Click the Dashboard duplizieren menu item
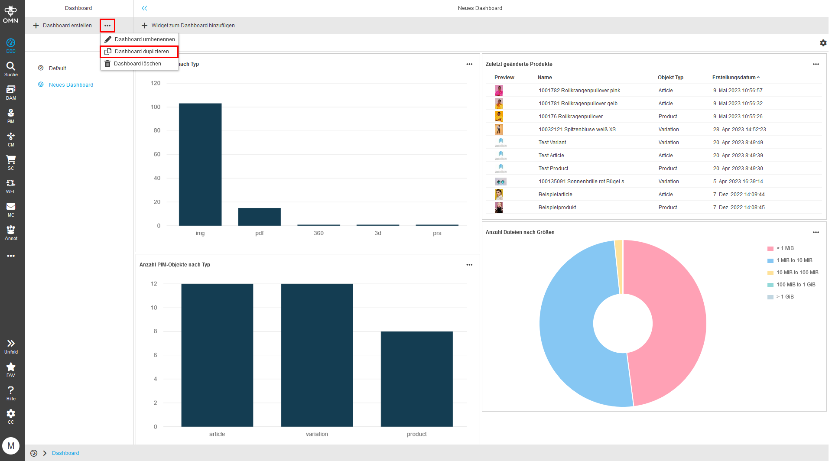click(141, 52)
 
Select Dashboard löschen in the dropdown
click(137, 64)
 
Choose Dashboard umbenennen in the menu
click(144, 39)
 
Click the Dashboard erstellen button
click(63, 26)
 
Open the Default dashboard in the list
click(57, 68)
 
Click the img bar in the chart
click(200, 165)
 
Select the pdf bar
click(259, 217)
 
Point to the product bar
click(416, 379)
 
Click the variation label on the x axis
click(317, 434)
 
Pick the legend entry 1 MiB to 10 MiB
click(794, 260)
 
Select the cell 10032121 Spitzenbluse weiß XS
click(577, 130)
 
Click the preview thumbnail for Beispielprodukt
click(499, 208)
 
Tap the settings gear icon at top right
click(823, 43)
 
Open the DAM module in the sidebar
click(11, 92)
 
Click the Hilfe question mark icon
click(11, 393)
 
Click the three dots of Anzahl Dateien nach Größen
click(816, 232)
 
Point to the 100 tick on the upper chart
click(156, 107)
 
